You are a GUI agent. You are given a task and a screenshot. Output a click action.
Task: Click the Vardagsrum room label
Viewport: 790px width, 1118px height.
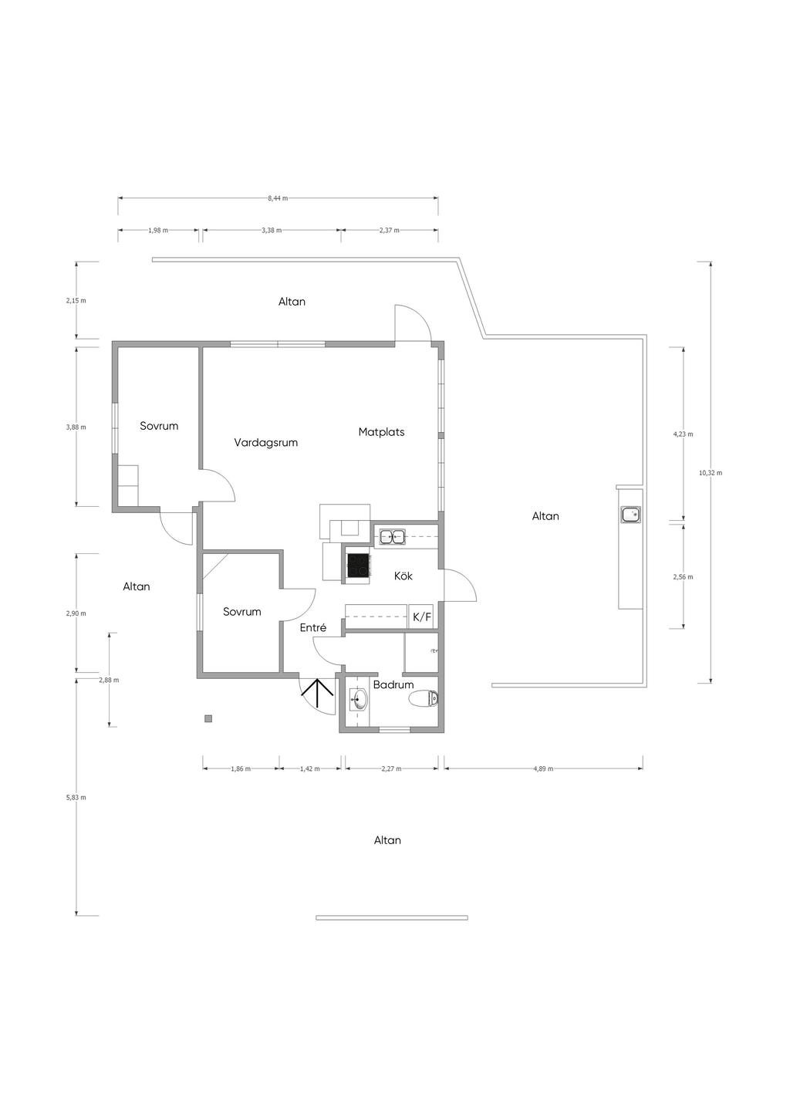click(x=265, y=443)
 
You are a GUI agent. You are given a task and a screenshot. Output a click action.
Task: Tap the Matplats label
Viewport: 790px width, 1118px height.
click(x=381, y=432)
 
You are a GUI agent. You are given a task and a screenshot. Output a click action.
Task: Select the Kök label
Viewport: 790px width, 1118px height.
click(x=403, y=576)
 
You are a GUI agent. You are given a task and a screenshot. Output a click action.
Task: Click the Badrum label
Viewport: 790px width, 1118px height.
click(x=393, y=685)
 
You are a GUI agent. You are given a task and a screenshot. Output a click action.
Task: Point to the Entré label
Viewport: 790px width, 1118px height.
click(x=313, y=628)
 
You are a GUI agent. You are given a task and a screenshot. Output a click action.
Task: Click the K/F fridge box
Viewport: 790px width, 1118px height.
click(x=422, y=617)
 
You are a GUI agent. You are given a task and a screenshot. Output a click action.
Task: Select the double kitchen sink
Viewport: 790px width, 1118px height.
click(x=392, y=537)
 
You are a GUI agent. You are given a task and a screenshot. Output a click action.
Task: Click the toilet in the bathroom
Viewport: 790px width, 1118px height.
click(x=424, y=699)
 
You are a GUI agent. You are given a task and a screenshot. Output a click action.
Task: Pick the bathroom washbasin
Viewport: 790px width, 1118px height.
click(x=359, y=700)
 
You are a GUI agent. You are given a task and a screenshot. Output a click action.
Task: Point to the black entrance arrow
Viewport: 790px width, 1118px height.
click(x=317, y=694)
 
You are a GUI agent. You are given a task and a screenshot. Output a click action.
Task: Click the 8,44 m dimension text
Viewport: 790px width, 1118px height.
click(x=278, y=198)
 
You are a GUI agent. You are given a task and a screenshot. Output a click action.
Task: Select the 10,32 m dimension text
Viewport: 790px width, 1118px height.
click(x=711, y=473)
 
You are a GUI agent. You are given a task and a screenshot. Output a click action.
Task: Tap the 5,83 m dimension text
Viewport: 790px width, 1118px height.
click(x=76, y=797)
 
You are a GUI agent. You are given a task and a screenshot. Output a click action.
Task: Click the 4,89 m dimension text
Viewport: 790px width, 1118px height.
click(x=543, y=768)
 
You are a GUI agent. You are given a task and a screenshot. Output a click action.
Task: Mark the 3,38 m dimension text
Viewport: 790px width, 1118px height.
click(x=272, y=230)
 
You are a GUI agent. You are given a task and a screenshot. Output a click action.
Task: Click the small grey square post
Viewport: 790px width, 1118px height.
click(x=208, y=719)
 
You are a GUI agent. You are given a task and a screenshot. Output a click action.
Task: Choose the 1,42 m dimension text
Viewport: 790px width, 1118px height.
click(x=310, y=768)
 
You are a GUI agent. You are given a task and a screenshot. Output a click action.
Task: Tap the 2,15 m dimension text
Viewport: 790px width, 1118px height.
click(x=76, y=300)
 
